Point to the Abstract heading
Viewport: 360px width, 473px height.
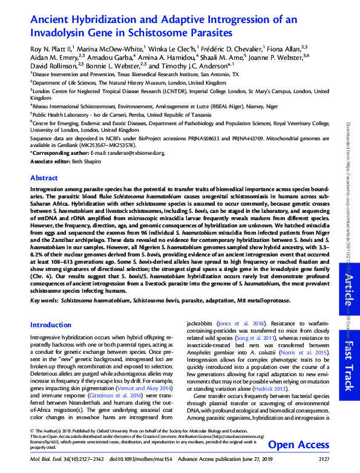[44, 178]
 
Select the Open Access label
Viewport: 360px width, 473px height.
[297, 445]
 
